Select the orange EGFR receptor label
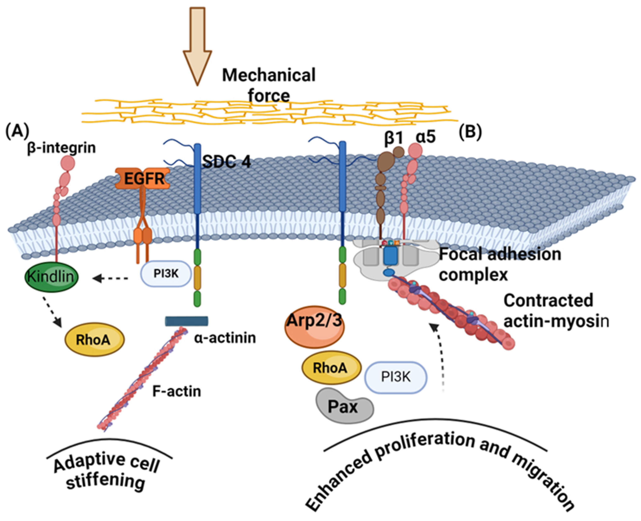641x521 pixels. pyautogui.click(x=144, y=179)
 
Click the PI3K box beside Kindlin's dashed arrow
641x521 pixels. pyautogui.click(x=166, y=274)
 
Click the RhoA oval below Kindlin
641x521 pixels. pyautogui.click(x=94, y=340)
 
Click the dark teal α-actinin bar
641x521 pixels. pyautogui.click(x=187, y=321)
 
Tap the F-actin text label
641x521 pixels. pyautogui.click(x=177, y=391)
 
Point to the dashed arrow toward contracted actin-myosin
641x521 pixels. pyautogui.click(x=440, y=357)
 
